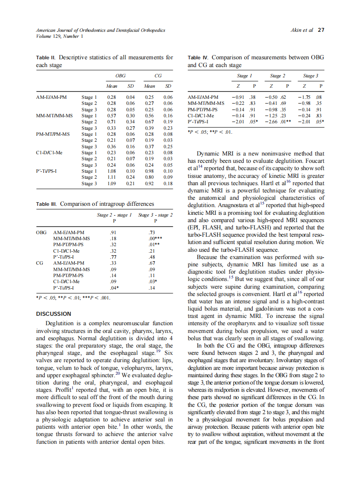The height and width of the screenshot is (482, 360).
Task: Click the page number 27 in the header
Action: coord(321,30)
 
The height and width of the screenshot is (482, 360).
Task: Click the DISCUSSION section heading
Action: coord(53,314)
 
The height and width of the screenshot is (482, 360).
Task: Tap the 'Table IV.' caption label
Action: coord(198,57)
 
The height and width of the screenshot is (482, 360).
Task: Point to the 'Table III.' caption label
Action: coord(47,204)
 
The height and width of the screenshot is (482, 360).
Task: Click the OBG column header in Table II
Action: coord(121,76)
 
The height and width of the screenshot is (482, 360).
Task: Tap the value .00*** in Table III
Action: coord(155,238)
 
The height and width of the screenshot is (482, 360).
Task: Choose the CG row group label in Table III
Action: coord(40,263)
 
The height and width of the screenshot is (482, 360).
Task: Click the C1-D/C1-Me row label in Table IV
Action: coord(201,116)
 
